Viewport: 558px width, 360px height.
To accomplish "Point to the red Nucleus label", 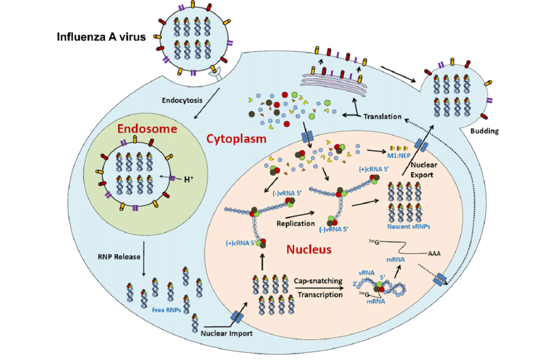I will click(x=308, y=250).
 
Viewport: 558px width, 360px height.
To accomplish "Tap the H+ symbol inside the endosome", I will click(x=188, y=178).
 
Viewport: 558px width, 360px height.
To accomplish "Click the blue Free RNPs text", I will click(x=167, y=309).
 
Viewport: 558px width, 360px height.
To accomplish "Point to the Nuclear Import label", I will click(x=226, y=333).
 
